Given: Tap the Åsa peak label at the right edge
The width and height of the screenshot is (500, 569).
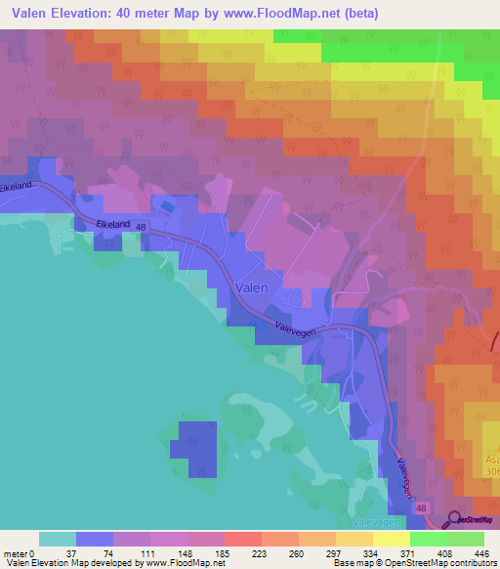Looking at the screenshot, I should point(490,456).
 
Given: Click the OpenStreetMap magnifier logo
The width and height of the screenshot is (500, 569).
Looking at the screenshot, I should point(455,521).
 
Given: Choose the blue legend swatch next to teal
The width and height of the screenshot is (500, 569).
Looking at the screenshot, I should point(94,539).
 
